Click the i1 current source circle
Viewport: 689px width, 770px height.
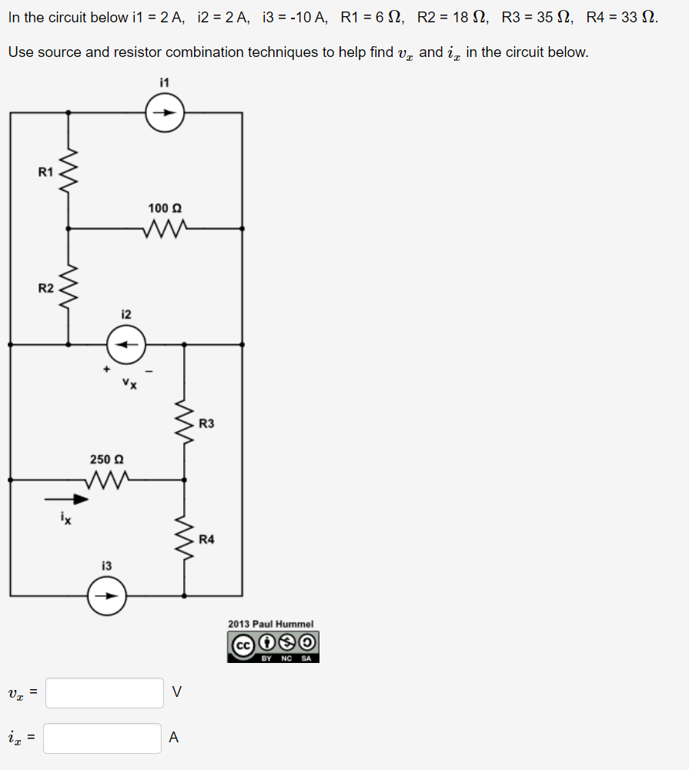(x=166, y=112)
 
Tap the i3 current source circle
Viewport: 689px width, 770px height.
(x=106, y=595)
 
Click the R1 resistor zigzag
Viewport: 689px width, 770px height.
(x=69, y=171)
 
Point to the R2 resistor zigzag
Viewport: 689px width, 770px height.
(x=69, y=287)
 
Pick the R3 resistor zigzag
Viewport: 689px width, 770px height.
(x=184, y=422)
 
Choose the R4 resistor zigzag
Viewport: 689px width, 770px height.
(x=184, y=537)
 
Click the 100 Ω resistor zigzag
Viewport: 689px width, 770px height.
(x=165, y=228)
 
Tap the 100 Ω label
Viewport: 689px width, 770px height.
(x=165, y=208)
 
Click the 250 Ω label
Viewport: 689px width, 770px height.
(x=107, y=459)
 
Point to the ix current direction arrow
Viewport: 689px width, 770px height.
(x=70, y=498)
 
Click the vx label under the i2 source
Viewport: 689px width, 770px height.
(x=129, y=383)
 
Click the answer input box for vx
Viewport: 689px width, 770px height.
(x=105, y=692)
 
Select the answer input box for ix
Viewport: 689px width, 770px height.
(x=103, y=738)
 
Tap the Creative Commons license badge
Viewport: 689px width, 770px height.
(x=273, y=647)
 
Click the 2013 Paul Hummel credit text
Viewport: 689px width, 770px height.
(x=270, y=624)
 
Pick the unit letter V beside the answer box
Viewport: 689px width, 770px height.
(x=177, y=692)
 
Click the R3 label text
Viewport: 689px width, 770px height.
(x=206, y=423)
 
